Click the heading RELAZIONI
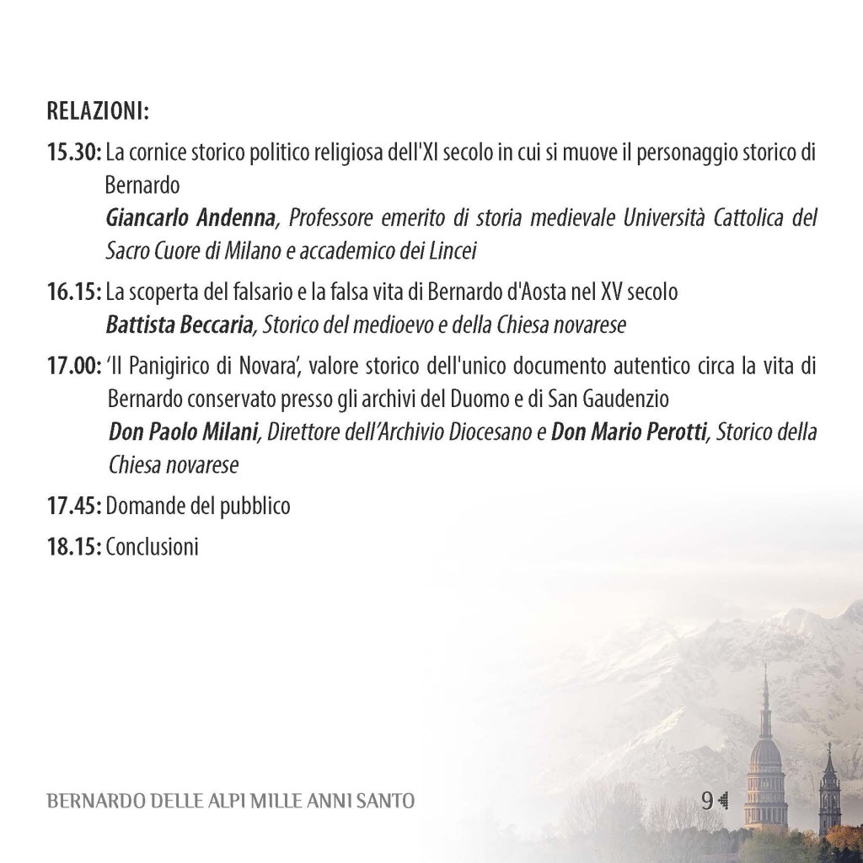98,111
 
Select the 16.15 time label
74,292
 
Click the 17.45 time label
74,507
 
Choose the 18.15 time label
74,547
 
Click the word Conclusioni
153,547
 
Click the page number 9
706,800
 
